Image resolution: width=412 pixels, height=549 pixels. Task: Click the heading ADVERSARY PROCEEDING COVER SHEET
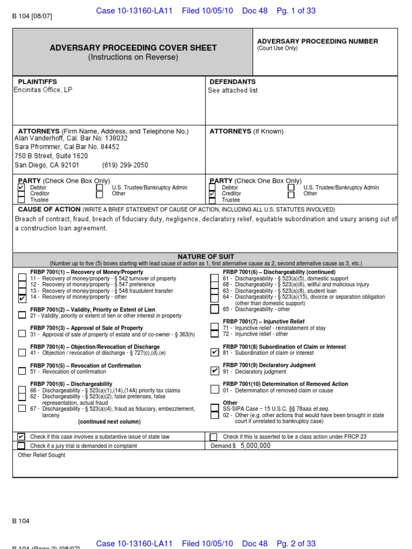[133, 48]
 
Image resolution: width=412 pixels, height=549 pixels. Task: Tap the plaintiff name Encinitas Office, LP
[43, 90]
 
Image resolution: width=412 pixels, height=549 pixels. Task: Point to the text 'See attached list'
[233, 91]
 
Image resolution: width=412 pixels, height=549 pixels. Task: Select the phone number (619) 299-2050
[125, 165]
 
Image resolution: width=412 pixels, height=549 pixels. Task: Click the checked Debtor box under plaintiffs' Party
[21, 188]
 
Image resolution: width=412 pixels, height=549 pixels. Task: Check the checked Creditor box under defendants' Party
[212, 194]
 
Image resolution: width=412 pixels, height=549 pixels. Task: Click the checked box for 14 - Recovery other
[21, 298]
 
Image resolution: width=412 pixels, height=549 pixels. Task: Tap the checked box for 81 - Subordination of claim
[215, 352]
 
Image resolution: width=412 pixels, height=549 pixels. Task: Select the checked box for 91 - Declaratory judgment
[215, 371]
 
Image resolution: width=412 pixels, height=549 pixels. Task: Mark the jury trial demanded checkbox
[21, 446]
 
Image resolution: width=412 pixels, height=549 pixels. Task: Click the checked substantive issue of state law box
[21, 436]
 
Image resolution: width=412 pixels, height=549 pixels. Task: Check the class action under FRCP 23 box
[214, 436]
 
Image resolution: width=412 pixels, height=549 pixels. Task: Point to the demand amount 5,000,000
[255, 446]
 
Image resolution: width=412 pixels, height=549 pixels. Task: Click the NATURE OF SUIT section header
[205, 257]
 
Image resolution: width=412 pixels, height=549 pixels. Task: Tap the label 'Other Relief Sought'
[41, 455]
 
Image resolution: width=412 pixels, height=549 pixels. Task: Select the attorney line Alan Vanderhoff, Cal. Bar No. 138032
[71, 138]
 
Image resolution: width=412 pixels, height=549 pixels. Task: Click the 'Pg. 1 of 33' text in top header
[296, 11]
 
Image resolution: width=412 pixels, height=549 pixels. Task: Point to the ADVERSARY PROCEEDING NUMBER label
[318, 41]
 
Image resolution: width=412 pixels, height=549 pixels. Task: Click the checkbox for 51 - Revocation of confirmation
[21, 371]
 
